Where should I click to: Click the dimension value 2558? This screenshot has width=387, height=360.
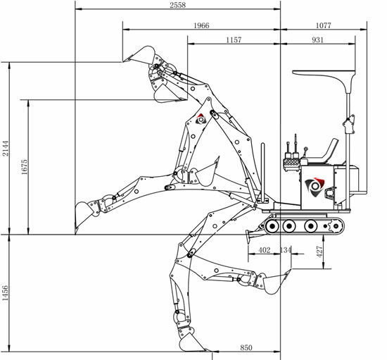177,5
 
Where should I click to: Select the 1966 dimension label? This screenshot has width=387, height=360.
201,25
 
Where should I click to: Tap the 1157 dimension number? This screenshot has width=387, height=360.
234,39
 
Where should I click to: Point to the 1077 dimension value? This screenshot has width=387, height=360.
323,25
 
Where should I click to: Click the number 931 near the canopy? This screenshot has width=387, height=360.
317,39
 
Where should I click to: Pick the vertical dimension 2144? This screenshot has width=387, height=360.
5,148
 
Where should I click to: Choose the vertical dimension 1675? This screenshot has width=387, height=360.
25,167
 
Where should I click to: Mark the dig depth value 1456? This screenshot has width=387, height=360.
5,293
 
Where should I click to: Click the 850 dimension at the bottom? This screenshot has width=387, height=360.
246,347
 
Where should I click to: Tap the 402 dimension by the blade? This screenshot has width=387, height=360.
265,250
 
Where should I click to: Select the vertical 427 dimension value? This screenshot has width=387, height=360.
319,252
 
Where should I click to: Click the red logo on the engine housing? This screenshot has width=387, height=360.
315,187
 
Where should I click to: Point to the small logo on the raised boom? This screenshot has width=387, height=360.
201,119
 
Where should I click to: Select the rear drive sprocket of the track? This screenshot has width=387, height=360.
335,226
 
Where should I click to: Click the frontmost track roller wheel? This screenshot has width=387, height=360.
272,226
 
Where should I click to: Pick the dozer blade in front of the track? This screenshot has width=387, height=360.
248,237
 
